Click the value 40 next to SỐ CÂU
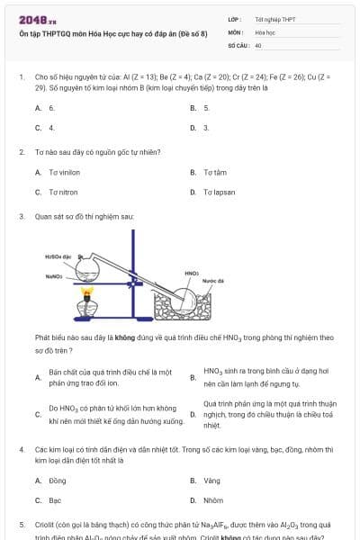pos(258,44)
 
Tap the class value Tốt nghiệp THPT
pos(274,19)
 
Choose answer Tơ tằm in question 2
pos(214,172)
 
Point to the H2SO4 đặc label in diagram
pos(58,256)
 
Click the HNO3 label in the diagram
pos(192,273)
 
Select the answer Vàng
pos(211,481)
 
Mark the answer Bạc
pos(55,500)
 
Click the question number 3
pos(21,217)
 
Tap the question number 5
pos(21,524)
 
